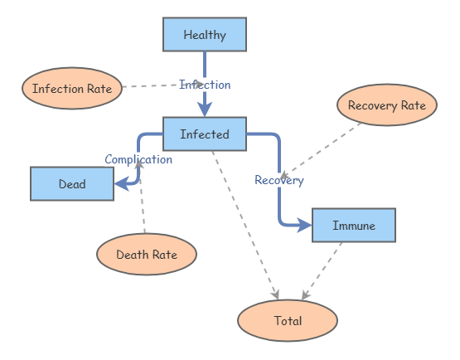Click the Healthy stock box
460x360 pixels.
click(x=204, y=35)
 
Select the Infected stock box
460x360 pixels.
click(x=204, y=134)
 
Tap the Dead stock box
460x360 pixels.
click(x=71, y=184)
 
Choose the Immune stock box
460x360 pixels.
click(x=353, y=225)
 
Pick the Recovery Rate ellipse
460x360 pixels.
click(x=386, y=105)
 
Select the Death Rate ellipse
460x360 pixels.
click(x=147, y=255)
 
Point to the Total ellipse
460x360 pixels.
click(x=288, y=320)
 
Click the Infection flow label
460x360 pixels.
click(x=205, y=85)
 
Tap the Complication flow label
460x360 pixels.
click(x=138, y=159)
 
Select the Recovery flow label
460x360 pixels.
click(x=278, y=180)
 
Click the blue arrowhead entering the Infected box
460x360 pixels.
click(x=205, y=109)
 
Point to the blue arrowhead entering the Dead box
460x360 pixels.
click(x=121, y=184)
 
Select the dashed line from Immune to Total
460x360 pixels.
click(x=323, y=270)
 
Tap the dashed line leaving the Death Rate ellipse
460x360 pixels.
click(x=143, y=207)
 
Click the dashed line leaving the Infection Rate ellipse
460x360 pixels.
click(x=153, y=85)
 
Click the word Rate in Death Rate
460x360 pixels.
click(x=164, y=255)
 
